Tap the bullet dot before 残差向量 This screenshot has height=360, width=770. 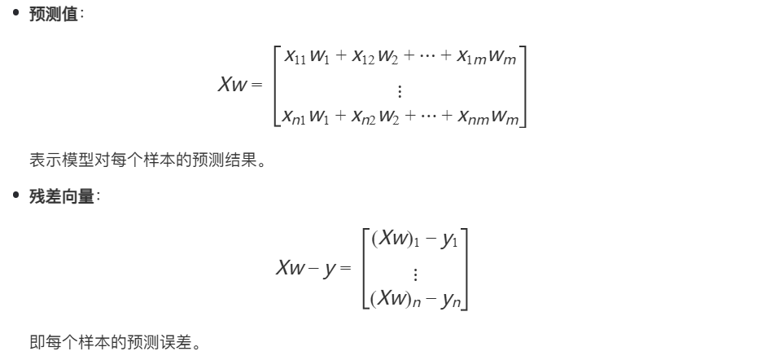[x=15, y=199]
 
